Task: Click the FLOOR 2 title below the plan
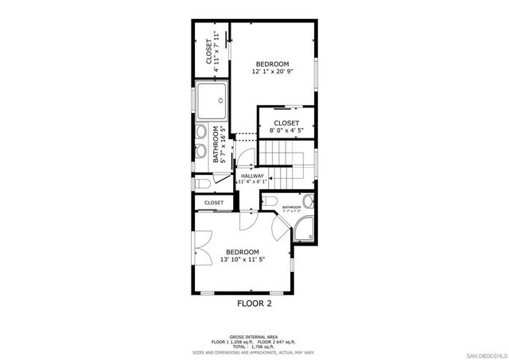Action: [254, 303]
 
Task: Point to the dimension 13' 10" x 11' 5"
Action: [243, 259]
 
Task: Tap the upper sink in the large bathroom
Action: [201, 131]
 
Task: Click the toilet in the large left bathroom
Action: [201, 184]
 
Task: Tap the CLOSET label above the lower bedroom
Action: [213, 203]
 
